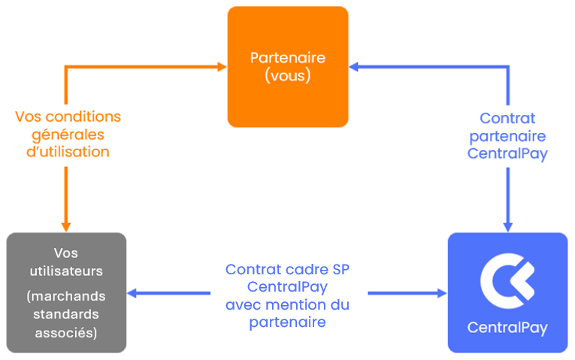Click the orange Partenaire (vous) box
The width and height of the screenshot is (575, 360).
(288, 66)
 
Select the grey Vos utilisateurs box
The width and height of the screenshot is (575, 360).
(66, 292)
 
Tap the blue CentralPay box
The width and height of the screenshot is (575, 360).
(507, 292)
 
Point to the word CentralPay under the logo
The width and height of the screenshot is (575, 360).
(507, 328)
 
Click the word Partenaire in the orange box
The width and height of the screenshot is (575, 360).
(288, 58)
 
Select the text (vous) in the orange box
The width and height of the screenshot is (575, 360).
(288, 76)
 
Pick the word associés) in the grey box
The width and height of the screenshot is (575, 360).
(66, 331)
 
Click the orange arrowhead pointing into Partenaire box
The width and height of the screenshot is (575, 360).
(222, 67)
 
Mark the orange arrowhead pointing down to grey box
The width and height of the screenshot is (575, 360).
(65, 225)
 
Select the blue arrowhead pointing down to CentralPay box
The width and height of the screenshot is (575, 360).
(507, 225)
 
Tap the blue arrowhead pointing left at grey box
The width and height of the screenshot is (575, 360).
(134, 293)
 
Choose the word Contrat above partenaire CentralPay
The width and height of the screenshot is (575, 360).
(507, 118)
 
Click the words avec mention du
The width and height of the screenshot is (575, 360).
(288, 305)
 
